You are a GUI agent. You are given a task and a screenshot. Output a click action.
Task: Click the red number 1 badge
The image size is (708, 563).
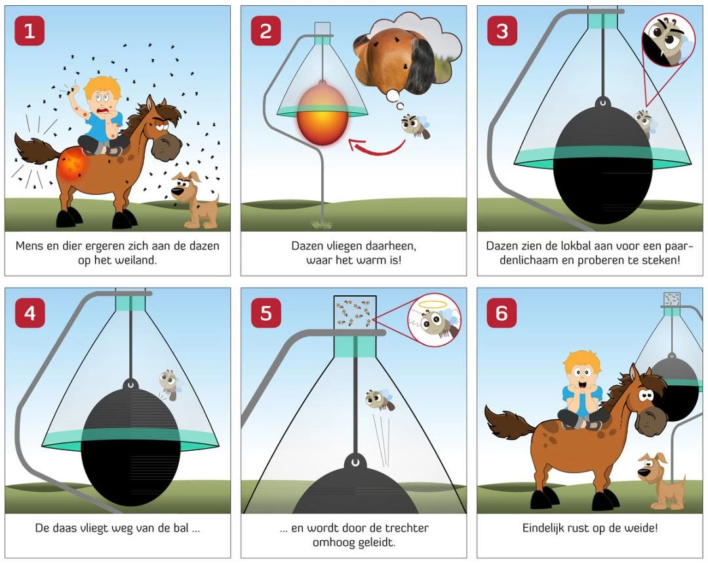click(x=29, y=31)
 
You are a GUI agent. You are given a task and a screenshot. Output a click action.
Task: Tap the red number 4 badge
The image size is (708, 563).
click(x=29, y=313)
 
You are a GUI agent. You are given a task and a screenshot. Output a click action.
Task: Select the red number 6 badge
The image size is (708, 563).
click(x=501, y=313)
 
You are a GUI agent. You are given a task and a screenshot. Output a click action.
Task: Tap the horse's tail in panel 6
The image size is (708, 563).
click(x=509, y=423)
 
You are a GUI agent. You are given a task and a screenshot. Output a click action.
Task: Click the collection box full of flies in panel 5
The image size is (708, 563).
click(x=355, y=312)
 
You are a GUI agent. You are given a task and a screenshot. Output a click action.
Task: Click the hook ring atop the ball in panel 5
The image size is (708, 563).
click(x=355, y=462)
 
